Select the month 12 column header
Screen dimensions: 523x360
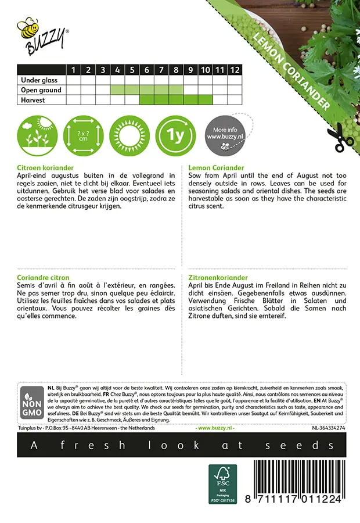[x=234, y=70]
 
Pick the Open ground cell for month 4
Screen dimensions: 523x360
[x=117, y=90]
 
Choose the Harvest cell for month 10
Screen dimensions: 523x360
[x=205, y=100]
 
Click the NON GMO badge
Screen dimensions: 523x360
[x=29, y=403]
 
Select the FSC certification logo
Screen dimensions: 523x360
[x=223, y=483]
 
